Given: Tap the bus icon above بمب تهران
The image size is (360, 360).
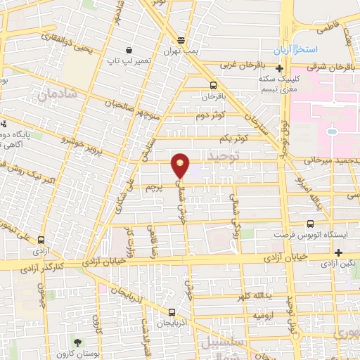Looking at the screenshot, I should (181, 39).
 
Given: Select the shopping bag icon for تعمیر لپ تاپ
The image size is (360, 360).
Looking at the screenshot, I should (129, 51).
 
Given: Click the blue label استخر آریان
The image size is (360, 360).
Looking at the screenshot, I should (297, 51).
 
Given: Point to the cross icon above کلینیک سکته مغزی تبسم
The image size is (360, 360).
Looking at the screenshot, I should (280, 69).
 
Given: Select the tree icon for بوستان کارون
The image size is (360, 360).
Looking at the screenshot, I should (87, 341).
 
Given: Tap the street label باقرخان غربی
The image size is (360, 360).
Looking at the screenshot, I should (245, 65).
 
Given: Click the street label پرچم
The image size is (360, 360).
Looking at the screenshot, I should (155, 188).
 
